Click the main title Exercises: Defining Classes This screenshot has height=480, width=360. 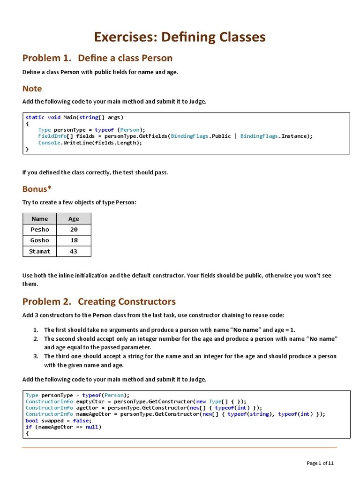(180, 37)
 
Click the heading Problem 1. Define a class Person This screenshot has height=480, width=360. (97, 58)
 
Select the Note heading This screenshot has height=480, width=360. (32, 89)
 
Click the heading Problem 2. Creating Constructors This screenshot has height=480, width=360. (99, 301)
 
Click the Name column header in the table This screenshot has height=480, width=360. (40, 219)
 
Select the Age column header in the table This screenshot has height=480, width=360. (74, 219)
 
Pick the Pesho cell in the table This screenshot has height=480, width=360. (40, 230)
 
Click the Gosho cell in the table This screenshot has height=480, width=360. (40, 240)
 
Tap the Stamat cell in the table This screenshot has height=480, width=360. (40, 251)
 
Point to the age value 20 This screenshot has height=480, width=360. (74, 230)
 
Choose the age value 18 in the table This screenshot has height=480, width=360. (74, 240)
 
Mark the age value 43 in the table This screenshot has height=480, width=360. (74, 251)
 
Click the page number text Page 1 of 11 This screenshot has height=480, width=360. (320, 463)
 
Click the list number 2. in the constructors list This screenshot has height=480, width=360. (36, 338)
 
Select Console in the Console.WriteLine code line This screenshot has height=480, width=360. (49, 142)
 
